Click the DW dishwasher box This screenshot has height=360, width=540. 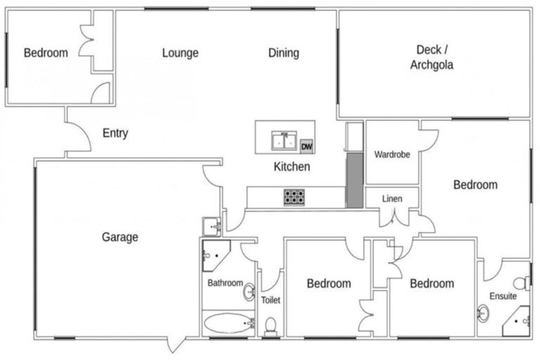pos(306,146)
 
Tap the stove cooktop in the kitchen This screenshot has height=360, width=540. pos(293,197)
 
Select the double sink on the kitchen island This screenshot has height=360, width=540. pos(285,141)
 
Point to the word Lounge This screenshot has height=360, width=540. pos(180,53)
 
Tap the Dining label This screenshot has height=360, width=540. pos(283,53)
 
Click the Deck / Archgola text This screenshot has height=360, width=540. pos(432,58)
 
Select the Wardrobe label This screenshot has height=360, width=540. pos(392,154)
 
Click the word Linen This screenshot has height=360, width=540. pos(392,199)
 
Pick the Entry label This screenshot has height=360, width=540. pos(115,133)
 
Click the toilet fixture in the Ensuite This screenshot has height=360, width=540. pos(520,283)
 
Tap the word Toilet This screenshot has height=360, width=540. pos(271,300)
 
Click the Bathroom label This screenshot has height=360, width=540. pos(225,283)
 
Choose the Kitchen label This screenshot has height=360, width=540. pos(291,167)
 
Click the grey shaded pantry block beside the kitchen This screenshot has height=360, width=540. pos(354,180)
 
